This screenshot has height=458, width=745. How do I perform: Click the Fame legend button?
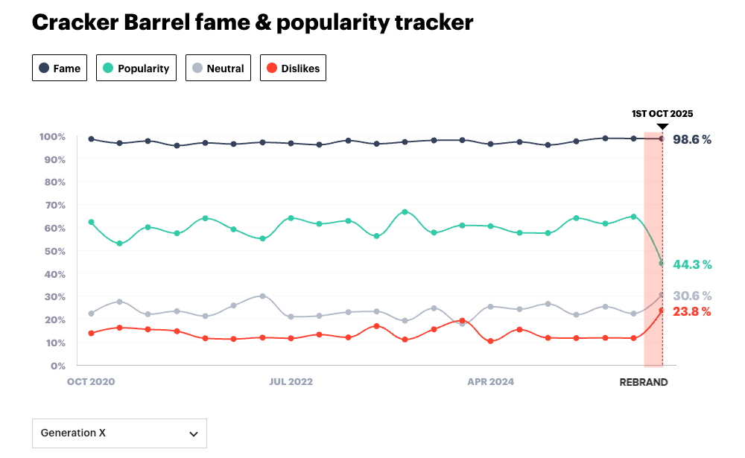pos(60,69)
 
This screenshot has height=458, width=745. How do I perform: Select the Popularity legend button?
pos(136,69)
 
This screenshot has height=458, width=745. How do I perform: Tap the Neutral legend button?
pos(218,69)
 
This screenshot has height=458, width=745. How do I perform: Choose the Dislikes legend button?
pos(293,69)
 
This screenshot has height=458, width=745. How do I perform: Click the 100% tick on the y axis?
pos(52,137)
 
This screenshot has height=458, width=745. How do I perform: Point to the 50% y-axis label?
pos(54,252)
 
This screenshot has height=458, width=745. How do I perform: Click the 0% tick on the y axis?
pos(58,366)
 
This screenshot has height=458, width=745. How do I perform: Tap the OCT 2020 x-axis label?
pos(92,382)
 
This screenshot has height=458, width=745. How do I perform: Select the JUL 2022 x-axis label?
pos(291,382)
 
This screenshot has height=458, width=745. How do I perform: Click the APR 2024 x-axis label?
pos(490,382)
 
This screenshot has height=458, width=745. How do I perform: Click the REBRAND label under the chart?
pos(644,382)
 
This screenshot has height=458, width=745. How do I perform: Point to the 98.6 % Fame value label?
pos(692,139)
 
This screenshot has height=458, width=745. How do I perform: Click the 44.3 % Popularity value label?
pos(692,264)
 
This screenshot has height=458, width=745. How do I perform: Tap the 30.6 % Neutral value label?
pos(692,296)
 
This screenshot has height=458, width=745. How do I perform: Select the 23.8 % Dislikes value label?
pos(692,312)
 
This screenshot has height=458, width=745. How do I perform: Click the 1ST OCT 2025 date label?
pos(662,114)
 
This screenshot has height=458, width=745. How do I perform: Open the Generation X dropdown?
pos(119,433)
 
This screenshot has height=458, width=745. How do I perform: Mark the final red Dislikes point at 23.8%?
pos(662,311)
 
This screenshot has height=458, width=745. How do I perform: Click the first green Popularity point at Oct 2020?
pos(91,222)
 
